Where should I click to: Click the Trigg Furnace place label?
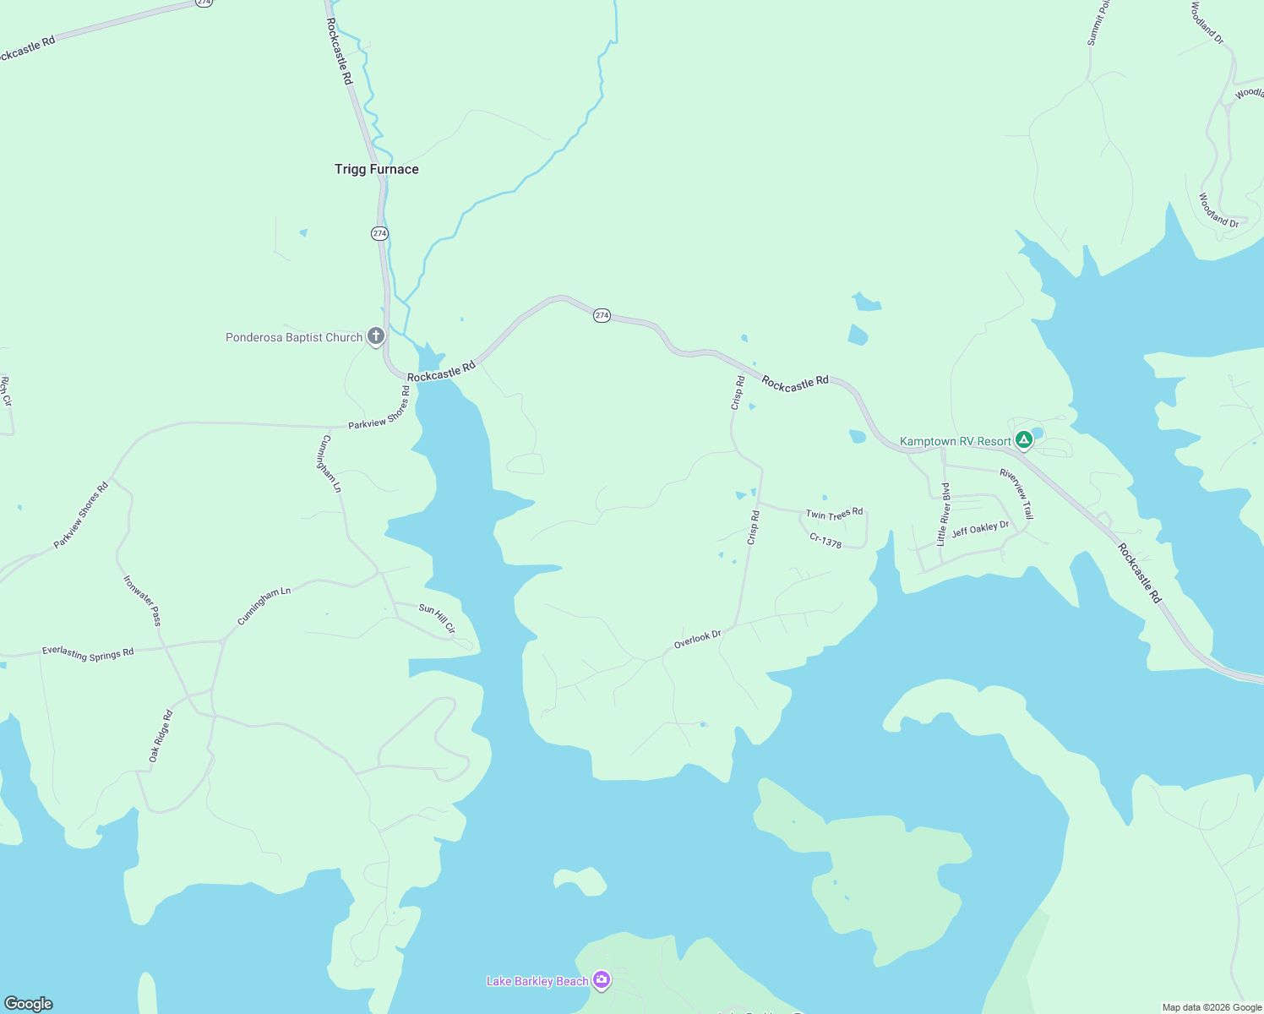377,169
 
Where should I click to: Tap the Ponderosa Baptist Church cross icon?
376,336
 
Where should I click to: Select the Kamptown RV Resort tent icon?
1024,439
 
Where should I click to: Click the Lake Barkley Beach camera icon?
602,980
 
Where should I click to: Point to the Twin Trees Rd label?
834,514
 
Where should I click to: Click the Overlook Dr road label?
697,640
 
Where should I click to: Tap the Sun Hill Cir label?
438,619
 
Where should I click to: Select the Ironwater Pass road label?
142,601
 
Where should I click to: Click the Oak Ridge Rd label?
161,736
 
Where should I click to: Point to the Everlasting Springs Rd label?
88,653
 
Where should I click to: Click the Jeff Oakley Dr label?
980,530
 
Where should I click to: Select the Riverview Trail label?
1016,493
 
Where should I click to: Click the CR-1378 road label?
825,541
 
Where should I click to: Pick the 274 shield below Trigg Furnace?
379,233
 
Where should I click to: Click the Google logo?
29,1004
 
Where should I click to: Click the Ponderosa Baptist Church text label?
294,337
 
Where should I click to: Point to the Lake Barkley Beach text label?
537,981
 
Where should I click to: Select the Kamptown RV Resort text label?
956,441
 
